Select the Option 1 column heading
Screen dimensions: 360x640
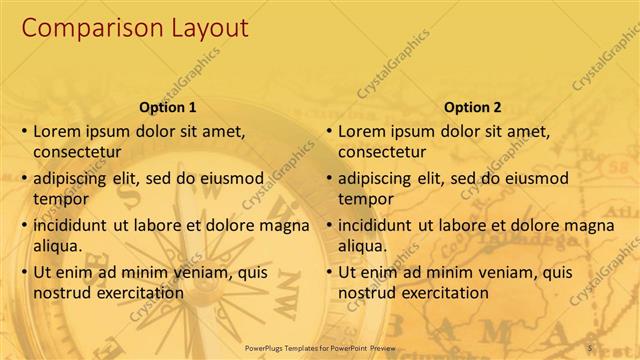click(166, 107)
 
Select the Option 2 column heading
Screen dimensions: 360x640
click(472, 107)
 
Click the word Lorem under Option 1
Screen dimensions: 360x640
click(57, 131)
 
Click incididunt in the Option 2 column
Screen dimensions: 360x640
click(380, 225)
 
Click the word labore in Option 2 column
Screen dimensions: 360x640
click(467, 225)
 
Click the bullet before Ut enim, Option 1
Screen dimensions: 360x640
click(24, 272)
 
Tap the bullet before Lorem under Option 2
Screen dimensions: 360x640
click(329, 132)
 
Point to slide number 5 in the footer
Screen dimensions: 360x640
click(590, 347)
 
